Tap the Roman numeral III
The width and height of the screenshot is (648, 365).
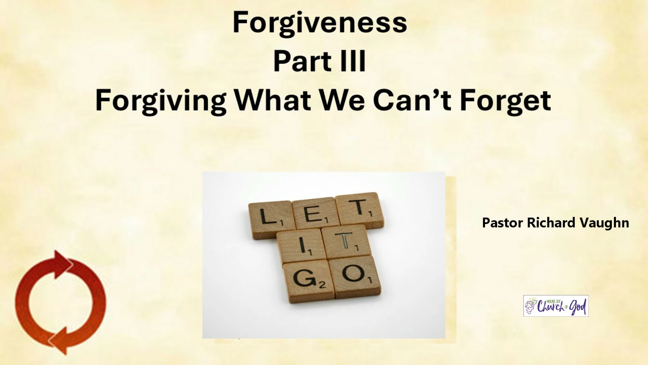[353, 61]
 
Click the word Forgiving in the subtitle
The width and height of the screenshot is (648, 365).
[161, 101]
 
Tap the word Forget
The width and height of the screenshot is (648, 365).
[506, 101]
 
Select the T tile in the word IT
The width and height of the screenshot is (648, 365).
[346, 242]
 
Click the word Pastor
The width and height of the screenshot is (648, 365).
[503, 223]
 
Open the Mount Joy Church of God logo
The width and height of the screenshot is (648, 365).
[556, 306]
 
